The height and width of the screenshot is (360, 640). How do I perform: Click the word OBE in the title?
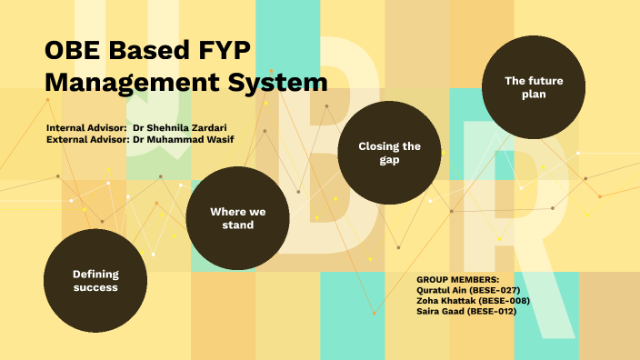pos(73,51)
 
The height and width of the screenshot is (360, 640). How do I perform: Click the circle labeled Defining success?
pos(95,280)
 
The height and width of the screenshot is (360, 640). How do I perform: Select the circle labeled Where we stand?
pos(237,218)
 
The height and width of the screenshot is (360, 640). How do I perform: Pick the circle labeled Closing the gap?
pos(389,153)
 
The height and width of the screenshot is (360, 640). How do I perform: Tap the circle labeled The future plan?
pos(534,87)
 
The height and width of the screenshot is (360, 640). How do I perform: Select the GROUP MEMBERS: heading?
pos(457,279)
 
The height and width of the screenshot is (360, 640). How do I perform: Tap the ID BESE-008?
pos(499,300)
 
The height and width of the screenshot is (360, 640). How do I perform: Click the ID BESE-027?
pos(496,289)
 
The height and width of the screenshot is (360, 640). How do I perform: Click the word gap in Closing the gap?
pos(389,160)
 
